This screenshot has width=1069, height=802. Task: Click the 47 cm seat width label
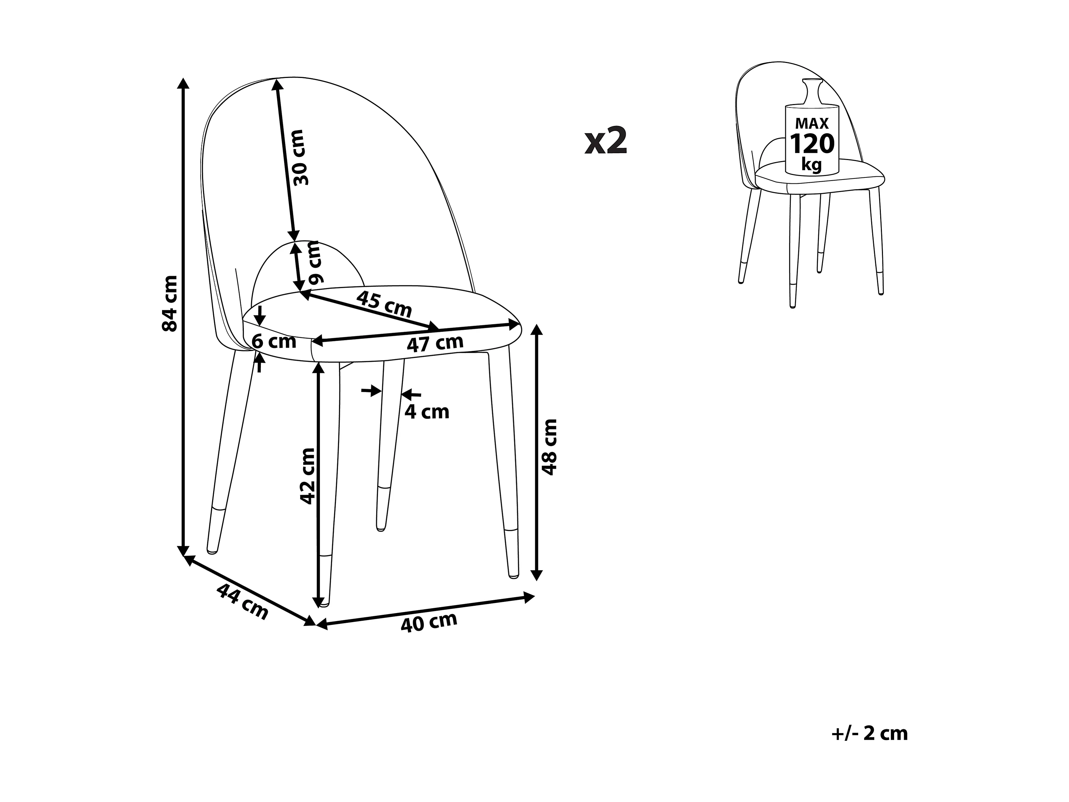pyautogui.click(x=435, y=343)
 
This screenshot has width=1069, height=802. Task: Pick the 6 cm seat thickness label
pyautogui.click(x=274, y=341)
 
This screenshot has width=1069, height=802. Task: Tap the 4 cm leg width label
pyautogui.click(x=427, y=412)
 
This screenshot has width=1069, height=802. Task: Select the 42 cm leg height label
pyautogui.click(x=308, y=476)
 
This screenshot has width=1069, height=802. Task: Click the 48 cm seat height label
pyautogui.click(x=549, y=447)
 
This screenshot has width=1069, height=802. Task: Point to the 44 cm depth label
pyautogui.click(x=242, y=602)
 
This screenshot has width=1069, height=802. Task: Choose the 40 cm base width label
pyautogui.click(x=429, y=622)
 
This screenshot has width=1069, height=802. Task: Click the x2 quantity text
pyautogui.click(x=606, y=142)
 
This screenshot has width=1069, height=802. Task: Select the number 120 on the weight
pyautogui.click(x=812, y=144)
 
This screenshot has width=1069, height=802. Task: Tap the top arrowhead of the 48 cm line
pyautogui.click(x=537, y=330)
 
